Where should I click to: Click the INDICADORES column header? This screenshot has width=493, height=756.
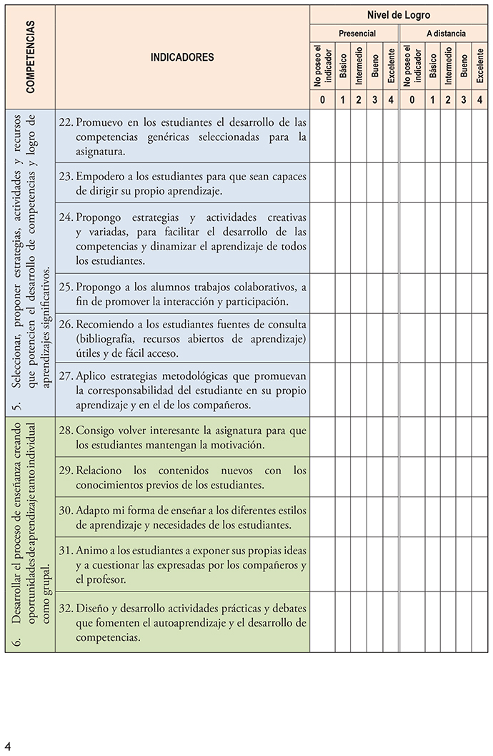pyautogui.click(x=182, y=58)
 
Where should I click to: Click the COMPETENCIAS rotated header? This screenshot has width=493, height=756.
pyautogui.click(x=30, y=57)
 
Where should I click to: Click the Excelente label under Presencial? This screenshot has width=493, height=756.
pyautogui.click(x=391, y=66)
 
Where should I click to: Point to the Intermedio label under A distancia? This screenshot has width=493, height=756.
pyautogui.click(x=448, y=66)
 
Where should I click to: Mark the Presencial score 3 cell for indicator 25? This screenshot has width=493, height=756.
pyautogui.click(x=375, y=294)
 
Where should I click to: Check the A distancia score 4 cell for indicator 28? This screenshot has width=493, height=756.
pyautogui.click(x=479, y=437)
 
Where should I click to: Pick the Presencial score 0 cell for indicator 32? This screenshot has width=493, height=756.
pyautogui.click(x=323, y=622)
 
